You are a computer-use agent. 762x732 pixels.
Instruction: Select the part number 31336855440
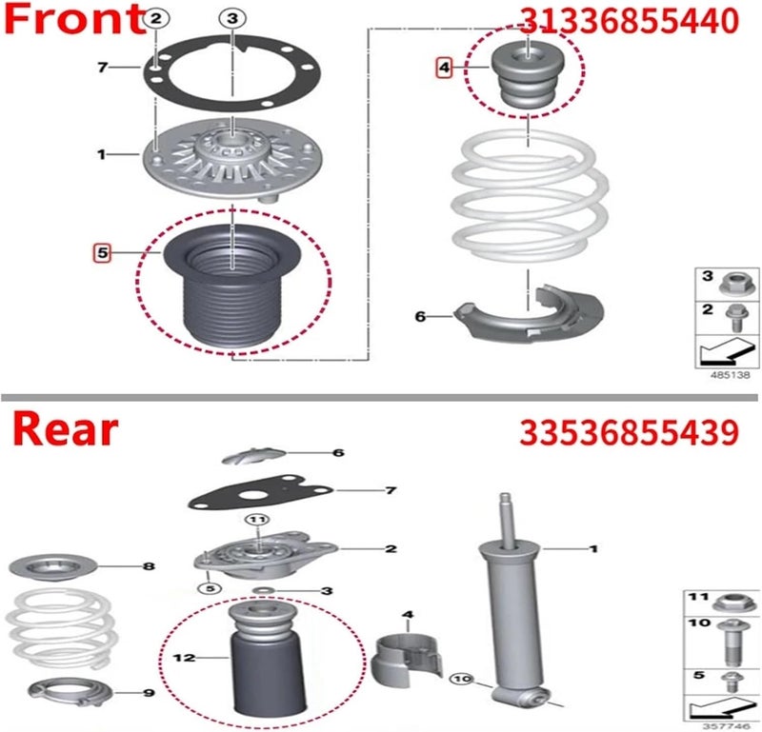tap(628, 21)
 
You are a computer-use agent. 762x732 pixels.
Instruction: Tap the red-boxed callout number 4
tap(444, 68)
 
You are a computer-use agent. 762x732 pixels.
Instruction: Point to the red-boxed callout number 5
tap(101, 252)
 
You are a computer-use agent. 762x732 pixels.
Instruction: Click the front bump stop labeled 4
tap(526, 79)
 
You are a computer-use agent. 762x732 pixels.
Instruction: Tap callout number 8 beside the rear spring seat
tap(148, 566)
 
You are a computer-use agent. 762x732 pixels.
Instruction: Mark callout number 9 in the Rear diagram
tap(149, 692)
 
